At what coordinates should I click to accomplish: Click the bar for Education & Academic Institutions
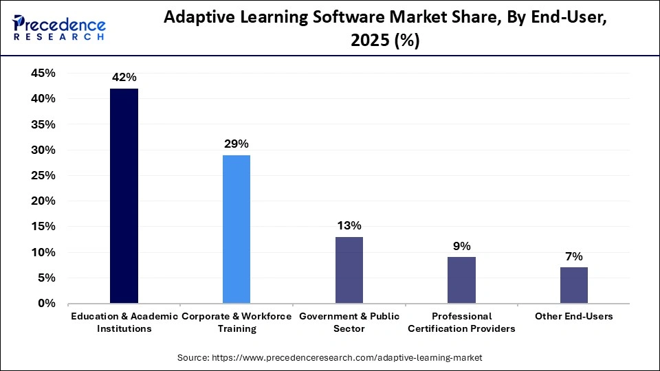pyautogui.click(x=124, y=196)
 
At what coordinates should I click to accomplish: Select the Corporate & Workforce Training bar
pyautogui.click(x=236, y=229)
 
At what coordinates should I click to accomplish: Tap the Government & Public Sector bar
pyautogui.click(x=349, y=270)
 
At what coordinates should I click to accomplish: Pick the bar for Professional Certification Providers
pyautogui.click(x=461, y=280)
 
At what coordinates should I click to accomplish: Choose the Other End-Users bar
pyautogui.click(x=574, y=285)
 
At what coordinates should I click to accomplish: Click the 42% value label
pyautogui.click(x=124, y=78)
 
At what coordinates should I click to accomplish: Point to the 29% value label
pyautogui.click(x=236, y=144)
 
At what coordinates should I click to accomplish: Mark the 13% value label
pyautogui.click(x=349, y=226)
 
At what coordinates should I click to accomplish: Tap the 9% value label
pyautogui.click(x=461, y=246)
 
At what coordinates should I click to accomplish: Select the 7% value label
pyautogui.click(x=574, y=256)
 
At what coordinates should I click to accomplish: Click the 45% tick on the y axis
pyautogui.click(x=43, y=74)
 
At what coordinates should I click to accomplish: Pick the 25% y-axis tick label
pyautogui.click(x=43, y=175)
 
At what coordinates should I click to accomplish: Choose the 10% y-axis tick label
pyautogui.click(x=43, y=252)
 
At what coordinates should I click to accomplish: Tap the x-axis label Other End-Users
pyautogui.click(x=574, y=317)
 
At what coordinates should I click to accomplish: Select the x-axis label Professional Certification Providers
pyautogui.click(x=461, y=322)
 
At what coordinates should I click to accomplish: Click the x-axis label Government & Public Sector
pyautogui.click(x=349, y=322)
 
